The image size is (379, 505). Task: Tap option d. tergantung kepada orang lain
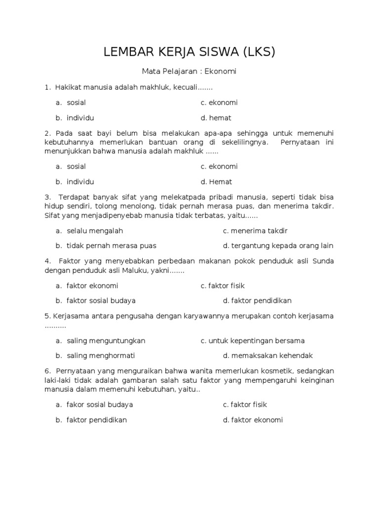[x=278, y=246]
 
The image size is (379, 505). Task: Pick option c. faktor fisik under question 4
[x=223, y=286]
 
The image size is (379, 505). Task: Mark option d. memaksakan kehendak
[x=268, y=355]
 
